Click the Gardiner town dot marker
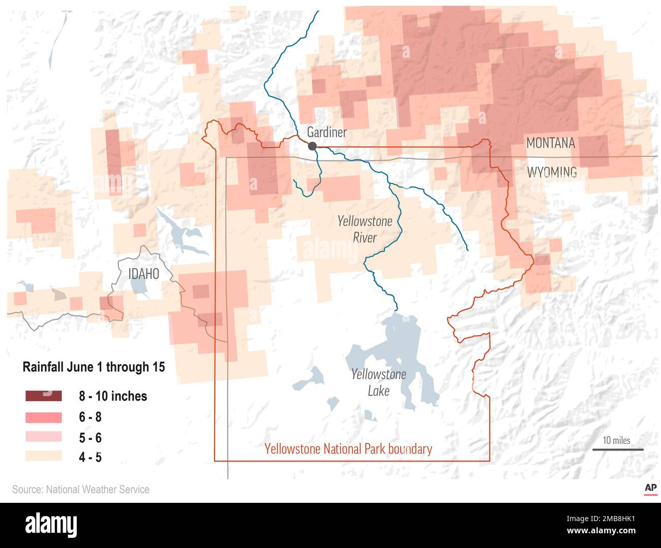pos(312,146)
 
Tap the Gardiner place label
pos(327,133)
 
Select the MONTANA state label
pos(551,143)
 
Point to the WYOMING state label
pos(552,172)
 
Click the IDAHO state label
pos(143,274)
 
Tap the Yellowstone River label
pos(365,229)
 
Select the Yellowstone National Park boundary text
pos(348,449)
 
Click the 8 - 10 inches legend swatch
pos(43,396)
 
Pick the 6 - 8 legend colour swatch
pos(43,417)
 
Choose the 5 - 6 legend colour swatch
pos(43,437)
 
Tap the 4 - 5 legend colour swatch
pos(43,457)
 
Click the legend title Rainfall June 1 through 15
pos(94,367)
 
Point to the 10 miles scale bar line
pos(618,449)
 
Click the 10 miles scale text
pos(616,440)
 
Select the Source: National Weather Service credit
pos(81,490)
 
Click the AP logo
pos(650,489)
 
